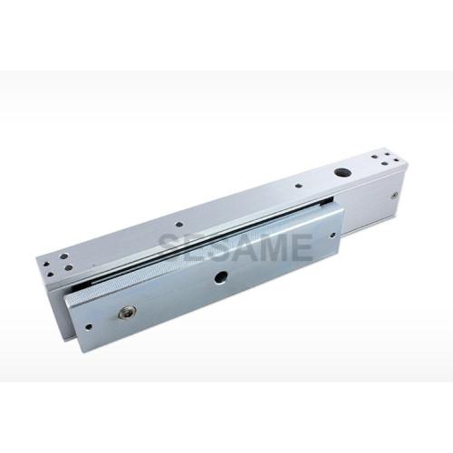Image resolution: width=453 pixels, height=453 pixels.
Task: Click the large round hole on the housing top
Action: point(342,173)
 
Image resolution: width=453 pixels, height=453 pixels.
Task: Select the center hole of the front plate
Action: point(222,276)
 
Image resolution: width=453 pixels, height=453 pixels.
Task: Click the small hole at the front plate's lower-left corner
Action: point(89,326)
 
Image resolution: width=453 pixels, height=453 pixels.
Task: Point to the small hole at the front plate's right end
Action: point(333,234)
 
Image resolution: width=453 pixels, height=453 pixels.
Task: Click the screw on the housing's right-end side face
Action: point(394,196)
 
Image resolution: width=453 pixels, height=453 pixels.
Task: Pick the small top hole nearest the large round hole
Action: point(298,187)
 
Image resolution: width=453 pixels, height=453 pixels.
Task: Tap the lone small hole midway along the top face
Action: point(179,225)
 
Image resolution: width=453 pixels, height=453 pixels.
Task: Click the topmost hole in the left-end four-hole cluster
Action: point(63,256)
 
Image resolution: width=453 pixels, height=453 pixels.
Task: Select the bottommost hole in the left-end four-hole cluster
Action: point(51,275)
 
